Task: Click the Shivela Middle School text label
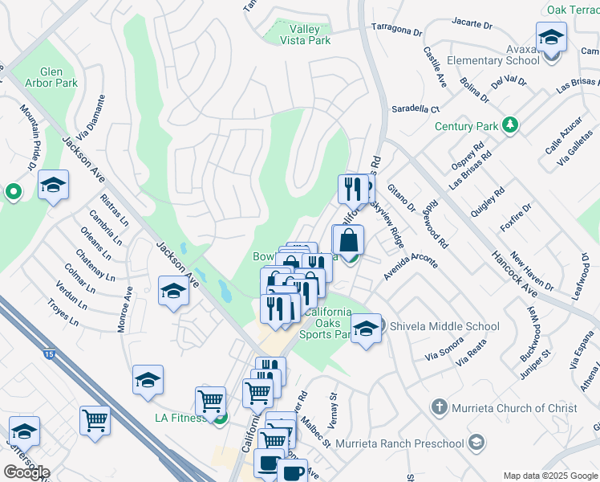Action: [x=444, y=326]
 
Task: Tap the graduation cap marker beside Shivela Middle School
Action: [x=367, y=329]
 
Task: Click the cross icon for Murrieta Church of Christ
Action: [x=439, y=407]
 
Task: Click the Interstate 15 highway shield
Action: [x=49, y=354]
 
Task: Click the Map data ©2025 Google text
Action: [x=550, y=476]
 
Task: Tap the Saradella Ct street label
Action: [x=416, y=108]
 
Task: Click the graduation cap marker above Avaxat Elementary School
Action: [x=552, y=37]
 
